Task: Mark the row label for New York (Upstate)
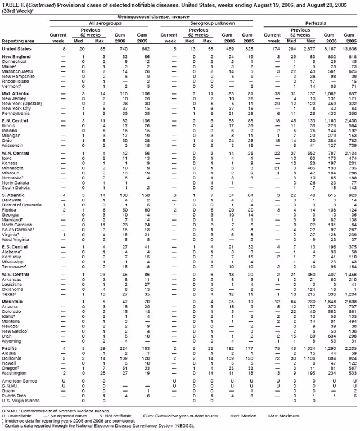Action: pos(20,102)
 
